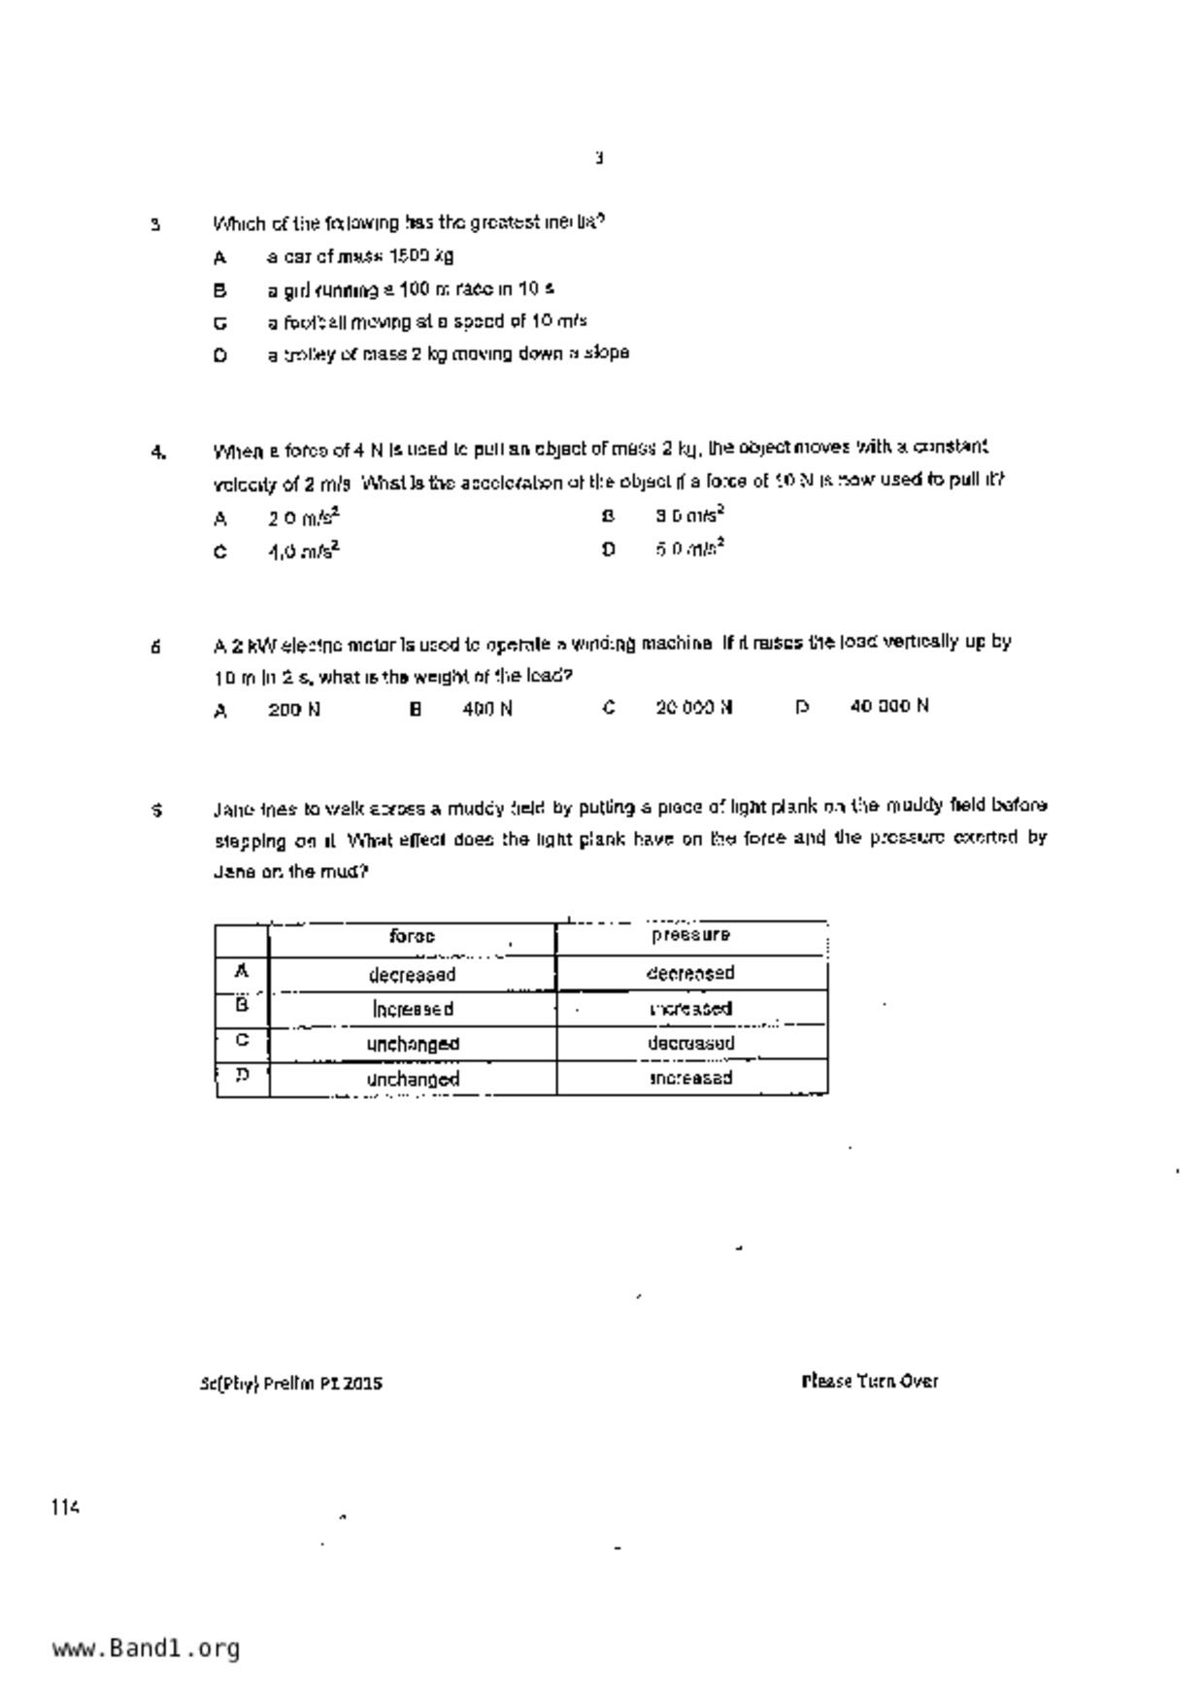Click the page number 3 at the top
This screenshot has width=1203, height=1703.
599,157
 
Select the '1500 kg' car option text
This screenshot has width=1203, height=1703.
360,257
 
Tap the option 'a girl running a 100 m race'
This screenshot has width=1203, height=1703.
411,289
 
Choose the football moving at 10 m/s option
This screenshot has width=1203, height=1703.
427,321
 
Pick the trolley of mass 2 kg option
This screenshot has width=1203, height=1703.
448,353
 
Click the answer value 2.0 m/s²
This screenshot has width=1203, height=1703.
304,518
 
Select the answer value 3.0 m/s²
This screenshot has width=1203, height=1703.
690,516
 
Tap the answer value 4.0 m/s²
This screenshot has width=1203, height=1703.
304,551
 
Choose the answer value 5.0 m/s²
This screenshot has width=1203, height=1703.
690,549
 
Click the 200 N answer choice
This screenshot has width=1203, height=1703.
294,710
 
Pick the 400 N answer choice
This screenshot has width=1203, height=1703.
487,710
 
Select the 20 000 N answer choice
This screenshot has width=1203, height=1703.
693,708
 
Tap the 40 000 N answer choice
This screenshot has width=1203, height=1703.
888,706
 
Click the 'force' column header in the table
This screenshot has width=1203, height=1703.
412,937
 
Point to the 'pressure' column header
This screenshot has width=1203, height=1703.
690,935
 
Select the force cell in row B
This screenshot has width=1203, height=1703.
413,1010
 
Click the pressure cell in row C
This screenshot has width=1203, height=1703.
690,1044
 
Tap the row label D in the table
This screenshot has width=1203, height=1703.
242,1076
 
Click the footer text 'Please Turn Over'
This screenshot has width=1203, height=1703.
869,1381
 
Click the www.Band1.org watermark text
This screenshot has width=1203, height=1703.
146,1649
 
